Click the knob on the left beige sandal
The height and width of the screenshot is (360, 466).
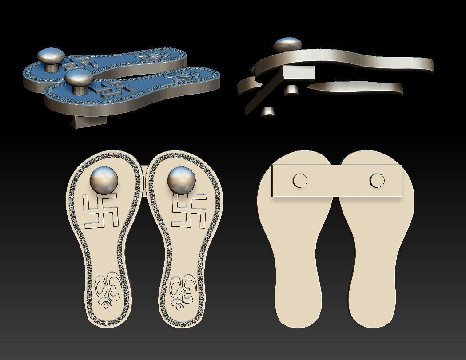click(104, 180)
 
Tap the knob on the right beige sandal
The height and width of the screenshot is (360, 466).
click(182, 180)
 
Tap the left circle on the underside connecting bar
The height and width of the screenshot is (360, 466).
click(300, 180)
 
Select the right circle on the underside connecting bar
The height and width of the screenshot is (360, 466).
click(377, 180)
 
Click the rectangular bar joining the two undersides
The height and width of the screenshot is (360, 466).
click(337, 181)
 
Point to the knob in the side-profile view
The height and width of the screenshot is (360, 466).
click(287, 45)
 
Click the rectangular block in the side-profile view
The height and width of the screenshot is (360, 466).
click(299, 73)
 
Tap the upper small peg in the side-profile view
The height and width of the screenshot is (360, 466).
click(291, 90)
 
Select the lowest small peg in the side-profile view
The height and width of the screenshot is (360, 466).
click(268, 111)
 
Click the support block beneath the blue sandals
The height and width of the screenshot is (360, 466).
click(89, 119)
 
